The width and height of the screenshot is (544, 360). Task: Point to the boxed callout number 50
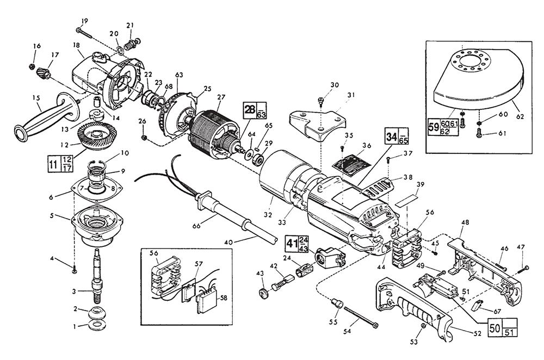(495, 330)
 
